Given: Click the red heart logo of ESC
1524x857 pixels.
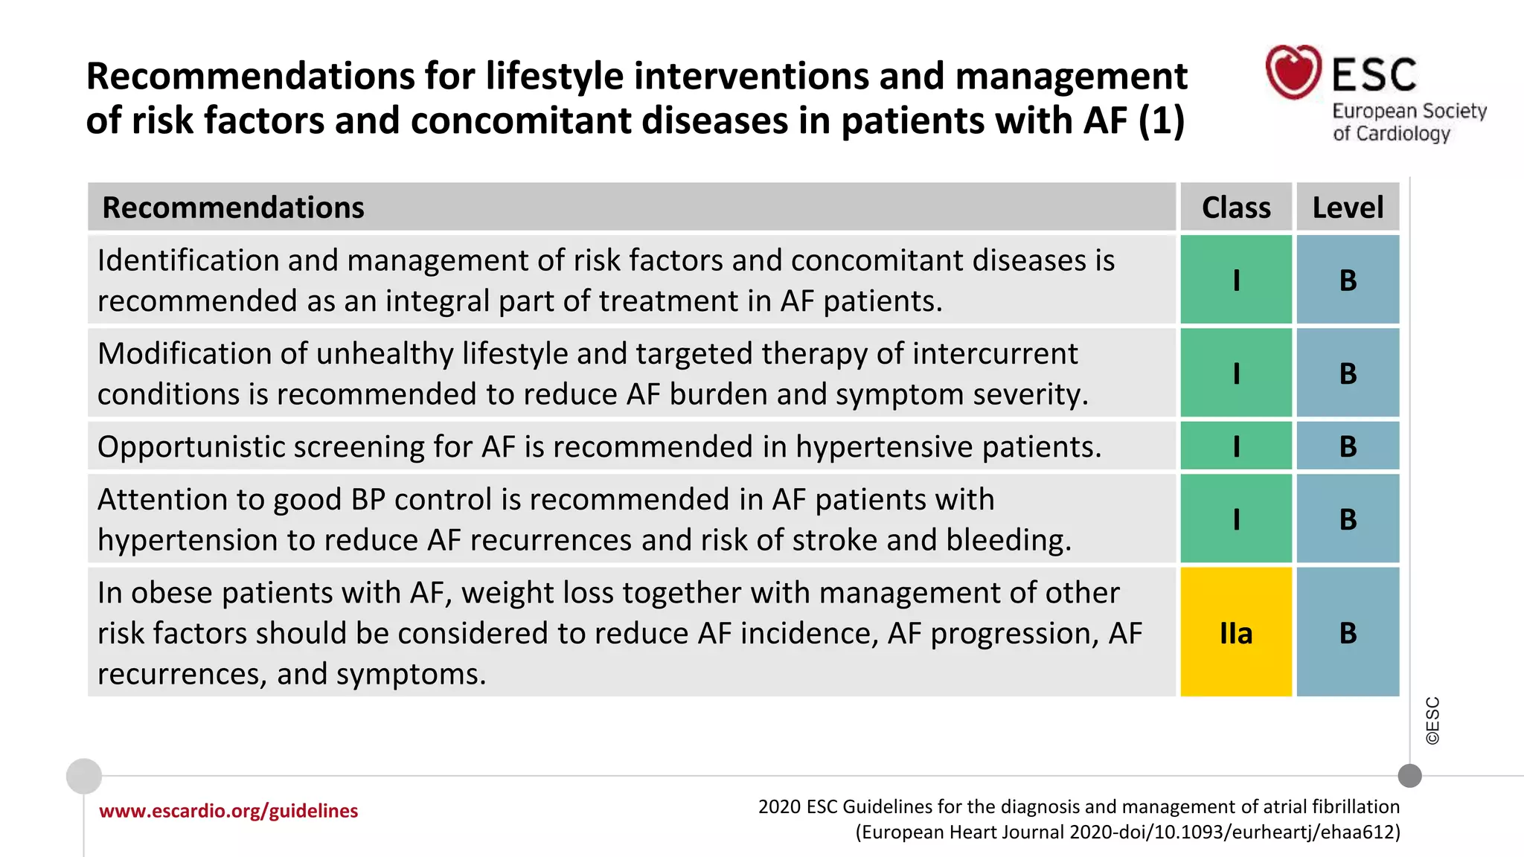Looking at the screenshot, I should [1293, 72].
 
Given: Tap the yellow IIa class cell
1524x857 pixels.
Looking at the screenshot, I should [1236, 632].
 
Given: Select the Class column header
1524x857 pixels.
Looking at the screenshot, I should [1236, 208].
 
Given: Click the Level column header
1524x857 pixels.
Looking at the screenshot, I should [1348, 208].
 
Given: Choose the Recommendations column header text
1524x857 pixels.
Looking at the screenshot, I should [233, 208].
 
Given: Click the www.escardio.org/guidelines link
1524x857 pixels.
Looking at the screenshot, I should [228, 811].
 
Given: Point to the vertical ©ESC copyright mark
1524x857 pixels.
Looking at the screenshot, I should [1432, 721].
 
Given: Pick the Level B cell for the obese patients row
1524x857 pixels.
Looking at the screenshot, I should [1348, 632].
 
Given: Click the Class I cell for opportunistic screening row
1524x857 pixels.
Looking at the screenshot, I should [1236, 446].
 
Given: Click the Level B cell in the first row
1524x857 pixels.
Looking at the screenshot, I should [1348, 280].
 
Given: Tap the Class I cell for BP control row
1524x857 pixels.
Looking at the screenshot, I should [1236, 519].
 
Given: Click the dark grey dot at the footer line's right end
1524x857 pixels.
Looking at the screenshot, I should [1409, 776].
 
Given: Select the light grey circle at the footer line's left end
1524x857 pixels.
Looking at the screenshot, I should [84, 776].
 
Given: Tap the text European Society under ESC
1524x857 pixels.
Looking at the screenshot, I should [1409, 112].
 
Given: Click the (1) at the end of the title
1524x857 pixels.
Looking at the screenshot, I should [1161, 121].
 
